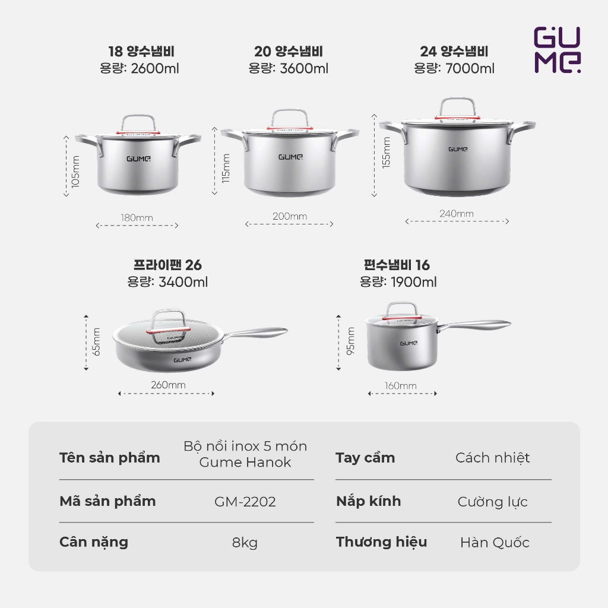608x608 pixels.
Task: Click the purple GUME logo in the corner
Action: [x=557, y=50]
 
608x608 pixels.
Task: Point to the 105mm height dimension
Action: [x=75, y=172]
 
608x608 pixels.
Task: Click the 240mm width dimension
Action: [x=457, y=214]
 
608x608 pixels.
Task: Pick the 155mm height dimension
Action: [x=386, y=153]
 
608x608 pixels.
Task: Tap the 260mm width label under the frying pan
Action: [x=168, y=385]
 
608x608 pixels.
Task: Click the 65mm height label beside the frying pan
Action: [x=96, y=341]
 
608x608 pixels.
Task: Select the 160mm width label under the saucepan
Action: [x=401, y=386]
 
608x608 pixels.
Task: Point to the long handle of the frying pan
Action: [x=256, y=333]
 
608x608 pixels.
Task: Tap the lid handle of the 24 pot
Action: [x=458, y=108]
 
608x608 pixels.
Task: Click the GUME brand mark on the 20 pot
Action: [x=290, y=157]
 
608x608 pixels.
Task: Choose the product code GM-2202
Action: [x=245, y=502]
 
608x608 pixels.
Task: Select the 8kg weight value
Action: [x=245, y=543]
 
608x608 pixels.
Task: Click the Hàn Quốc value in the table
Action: [x=495, y=543]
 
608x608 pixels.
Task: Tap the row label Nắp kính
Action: [x=368, y=501]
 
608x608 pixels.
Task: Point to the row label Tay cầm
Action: [x=365, y=458]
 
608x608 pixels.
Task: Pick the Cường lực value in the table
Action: [x=492, y=502]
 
